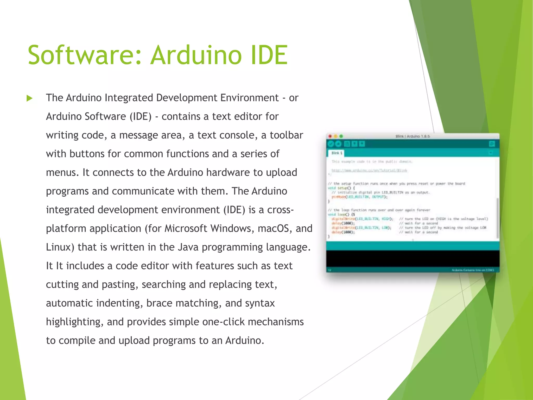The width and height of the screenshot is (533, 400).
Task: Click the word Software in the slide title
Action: [85, 55]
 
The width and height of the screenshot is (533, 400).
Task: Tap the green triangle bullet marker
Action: [30, 98]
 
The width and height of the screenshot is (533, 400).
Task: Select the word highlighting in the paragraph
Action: [73, 322]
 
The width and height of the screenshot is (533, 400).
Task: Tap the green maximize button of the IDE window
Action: [341, 136]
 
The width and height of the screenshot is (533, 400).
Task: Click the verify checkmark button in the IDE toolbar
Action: [331, 144]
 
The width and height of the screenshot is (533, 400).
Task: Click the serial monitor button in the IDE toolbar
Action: [492, 144]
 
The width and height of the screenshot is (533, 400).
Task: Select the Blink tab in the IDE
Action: [337, 153]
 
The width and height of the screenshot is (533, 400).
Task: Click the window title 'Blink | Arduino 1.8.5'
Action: [413, 136]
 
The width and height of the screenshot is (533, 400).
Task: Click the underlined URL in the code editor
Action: [369, 171]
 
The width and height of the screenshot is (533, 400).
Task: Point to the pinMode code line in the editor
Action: [359, 197]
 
